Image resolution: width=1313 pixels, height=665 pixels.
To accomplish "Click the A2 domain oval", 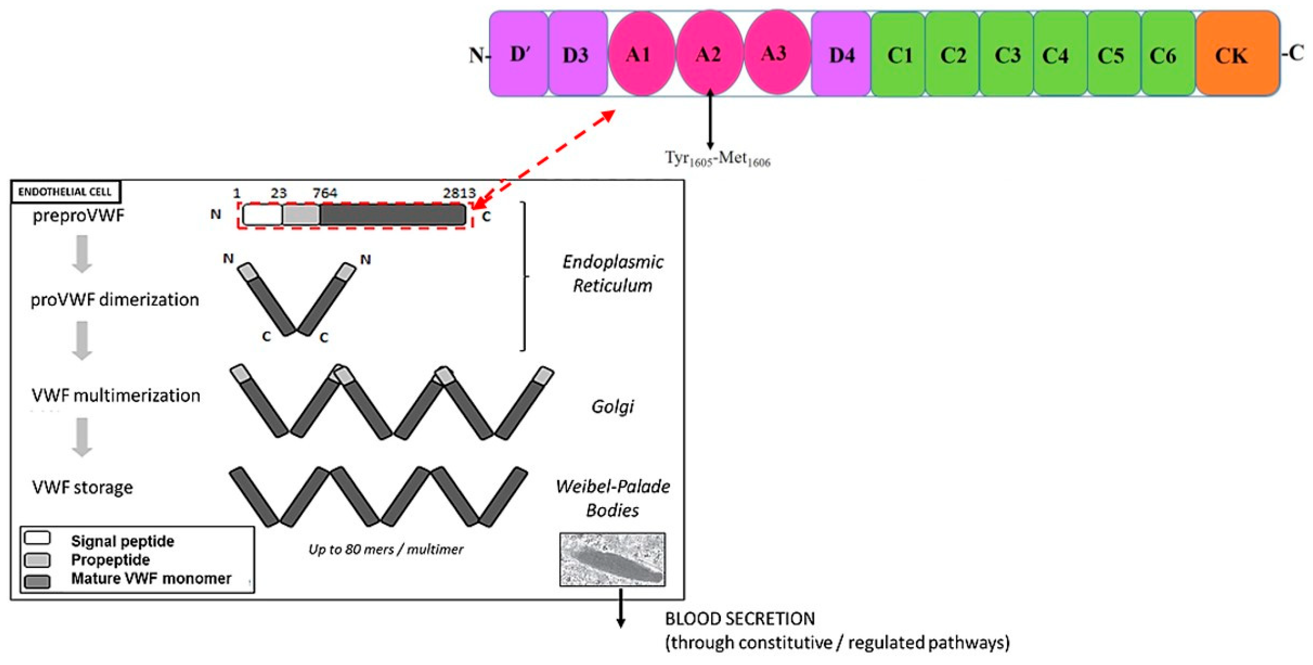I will [709, 53].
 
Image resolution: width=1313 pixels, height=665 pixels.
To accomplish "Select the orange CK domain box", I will [1237, 54].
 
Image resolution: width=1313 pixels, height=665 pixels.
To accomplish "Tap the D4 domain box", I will [841, 54].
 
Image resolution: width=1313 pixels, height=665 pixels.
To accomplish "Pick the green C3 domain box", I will [1007, 54].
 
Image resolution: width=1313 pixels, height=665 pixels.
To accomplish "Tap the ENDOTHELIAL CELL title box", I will [65, 192].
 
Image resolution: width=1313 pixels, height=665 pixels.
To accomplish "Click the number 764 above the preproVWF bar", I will [325, 193].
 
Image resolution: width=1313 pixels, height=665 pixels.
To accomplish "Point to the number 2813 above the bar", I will [459, 193].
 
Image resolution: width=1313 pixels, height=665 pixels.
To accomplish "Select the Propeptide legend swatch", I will [37, 560].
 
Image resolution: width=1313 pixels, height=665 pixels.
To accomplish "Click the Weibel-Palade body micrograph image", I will [612, 559].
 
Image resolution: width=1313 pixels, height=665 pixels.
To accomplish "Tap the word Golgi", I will [612, 406].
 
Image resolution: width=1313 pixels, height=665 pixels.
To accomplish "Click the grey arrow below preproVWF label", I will [82, 254].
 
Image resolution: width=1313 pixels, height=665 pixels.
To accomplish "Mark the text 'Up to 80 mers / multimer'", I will [386, 549].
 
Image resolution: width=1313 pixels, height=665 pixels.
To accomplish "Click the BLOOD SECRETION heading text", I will [740, 619].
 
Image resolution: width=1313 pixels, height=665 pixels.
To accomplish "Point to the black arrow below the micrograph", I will [620, 608].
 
